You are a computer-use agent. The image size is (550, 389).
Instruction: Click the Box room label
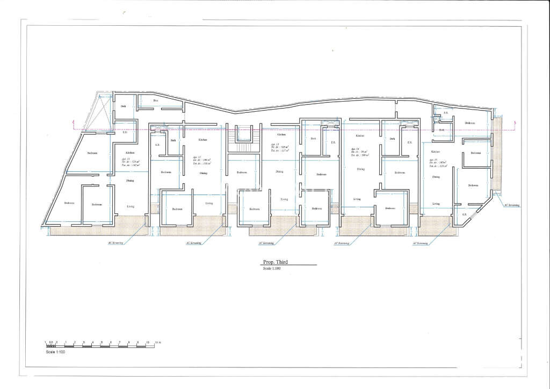(156, 100)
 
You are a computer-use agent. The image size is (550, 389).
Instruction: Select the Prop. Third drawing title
(275, 262)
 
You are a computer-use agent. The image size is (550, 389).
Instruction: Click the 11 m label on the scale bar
(157, 342)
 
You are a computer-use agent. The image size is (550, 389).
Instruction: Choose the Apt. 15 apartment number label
(433, 160)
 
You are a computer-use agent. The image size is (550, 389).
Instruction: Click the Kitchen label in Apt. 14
(360, 136)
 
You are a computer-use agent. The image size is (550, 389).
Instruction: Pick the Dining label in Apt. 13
(279, 171)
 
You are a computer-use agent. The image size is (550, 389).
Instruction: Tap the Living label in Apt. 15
(436, 204)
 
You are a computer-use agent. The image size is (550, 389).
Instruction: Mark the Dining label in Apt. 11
(130, 181)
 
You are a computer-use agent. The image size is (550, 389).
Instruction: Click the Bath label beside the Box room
(123, 106)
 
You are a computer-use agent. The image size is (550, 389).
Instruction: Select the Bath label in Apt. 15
(442, 129)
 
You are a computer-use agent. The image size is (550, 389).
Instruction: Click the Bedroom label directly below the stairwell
(242, 172)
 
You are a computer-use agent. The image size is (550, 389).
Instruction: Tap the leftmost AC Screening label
(115, 243)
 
